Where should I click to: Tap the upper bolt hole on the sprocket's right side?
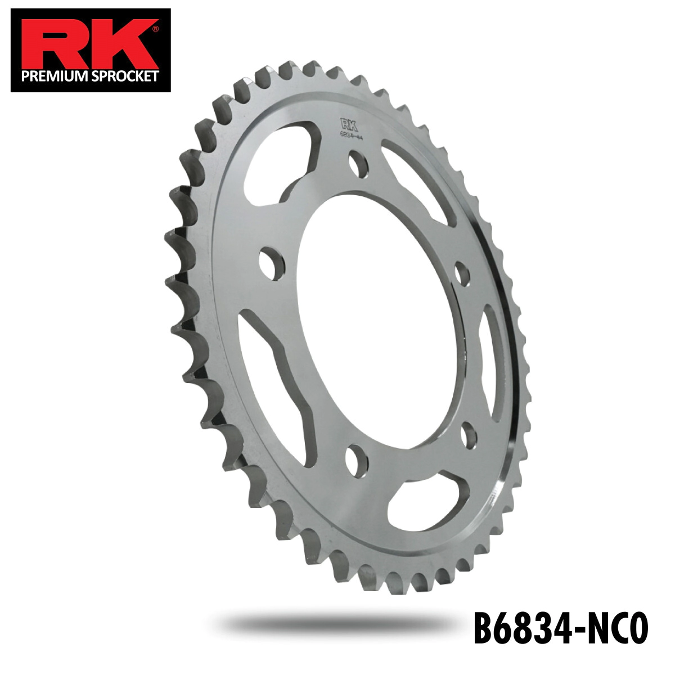[462, 273]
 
